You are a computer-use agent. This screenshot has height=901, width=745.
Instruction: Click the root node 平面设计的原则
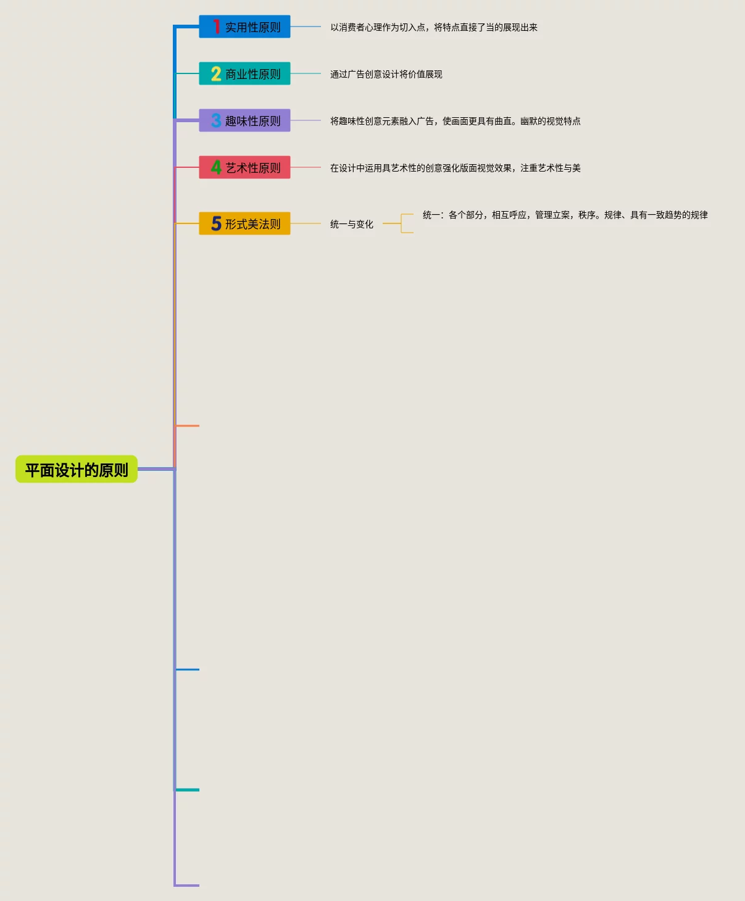tap(77, 470)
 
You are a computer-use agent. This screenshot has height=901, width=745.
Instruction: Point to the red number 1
tap(216, 27)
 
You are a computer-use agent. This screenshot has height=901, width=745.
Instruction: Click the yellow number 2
tap(216, 74)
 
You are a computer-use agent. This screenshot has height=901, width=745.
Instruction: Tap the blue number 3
tap(216, 120)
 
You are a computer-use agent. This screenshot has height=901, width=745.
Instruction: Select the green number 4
tap(216, 167)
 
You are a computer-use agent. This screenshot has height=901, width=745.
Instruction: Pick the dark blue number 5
tap(216, 223)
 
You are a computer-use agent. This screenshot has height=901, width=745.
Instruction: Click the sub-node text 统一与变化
tap(352, 224)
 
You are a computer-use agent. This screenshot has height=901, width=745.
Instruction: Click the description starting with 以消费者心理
tap(434, 27)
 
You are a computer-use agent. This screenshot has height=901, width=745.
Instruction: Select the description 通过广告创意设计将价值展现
tap(386, 74)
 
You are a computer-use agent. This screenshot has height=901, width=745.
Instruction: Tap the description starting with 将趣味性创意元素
tap(456, 121)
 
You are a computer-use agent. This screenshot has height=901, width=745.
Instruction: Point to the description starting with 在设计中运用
tap(456, 168)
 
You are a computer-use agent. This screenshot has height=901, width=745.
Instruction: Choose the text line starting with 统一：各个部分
tap(565, 215)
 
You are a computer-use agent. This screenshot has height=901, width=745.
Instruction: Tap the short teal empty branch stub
tap(188, 790)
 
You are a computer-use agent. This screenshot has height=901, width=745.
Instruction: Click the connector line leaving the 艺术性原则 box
tap(306, 167)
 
